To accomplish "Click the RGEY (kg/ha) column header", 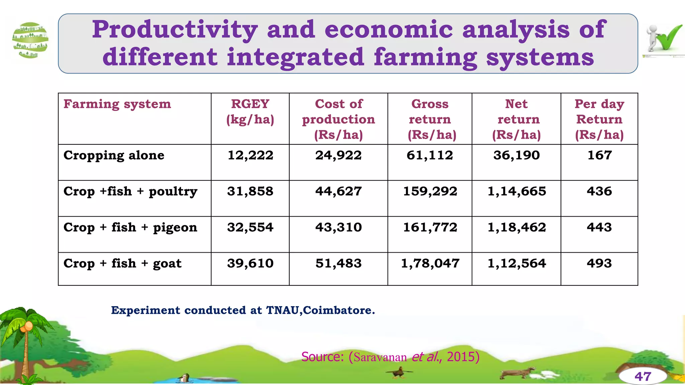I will pos(250,112).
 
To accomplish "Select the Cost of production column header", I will pos(338,119).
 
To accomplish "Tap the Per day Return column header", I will pos(599,119).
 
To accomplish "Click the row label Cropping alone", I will pos(114,155).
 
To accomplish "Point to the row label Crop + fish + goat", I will pos(122,263).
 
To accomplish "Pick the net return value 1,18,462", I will pos(516,227).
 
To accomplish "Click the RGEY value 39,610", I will pos(250,263).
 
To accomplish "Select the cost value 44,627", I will pos(338,191).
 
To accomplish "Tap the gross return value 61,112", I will pos(430,155).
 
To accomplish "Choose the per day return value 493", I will pos(599,263).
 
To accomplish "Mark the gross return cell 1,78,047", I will pos(430,263).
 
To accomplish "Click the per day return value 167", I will pos(599,155).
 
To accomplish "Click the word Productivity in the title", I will pos(175,30).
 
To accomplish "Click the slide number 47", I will pos(643,377).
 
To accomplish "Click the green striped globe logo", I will pos(30,40).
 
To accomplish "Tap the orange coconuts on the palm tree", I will pos(27,327).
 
